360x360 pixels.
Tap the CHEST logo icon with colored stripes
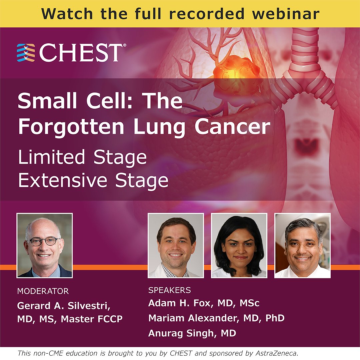[26, 53]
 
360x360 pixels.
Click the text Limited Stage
[82, 157]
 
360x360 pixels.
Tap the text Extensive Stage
[93, 180]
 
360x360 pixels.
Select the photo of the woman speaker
[239, 245]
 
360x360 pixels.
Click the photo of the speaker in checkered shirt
[176, 245]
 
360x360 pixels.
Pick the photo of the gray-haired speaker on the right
[302, 245]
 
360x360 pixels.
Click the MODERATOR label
[43, 291]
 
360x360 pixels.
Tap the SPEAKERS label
[169, 290]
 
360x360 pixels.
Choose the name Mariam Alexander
[192, 318]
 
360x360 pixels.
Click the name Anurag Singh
[180, 333]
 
